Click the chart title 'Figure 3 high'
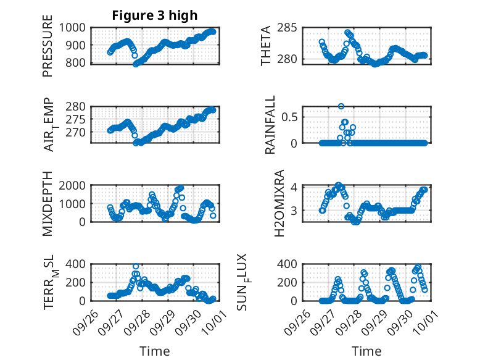click(154, 15)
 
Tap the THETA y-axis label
click(266, 46)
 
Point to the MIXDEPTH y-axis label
click(48, 203)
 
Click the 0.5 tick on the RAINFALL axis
click(292, 117)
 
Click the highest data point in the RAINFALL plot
click(341, 106)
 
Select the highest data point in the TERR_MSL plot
click(136, 266)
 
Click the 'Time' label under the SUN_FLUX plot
click(366, 351)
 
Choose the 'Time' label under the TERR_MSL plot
click(154, 351)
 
